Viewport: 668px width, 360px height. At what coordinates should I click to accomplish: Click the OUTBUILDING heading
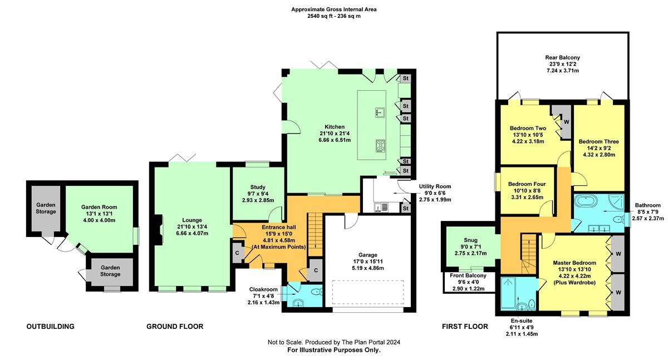[50, 327]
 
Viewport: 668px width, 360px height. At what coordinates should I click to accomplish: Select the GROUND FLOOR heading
[175, 327]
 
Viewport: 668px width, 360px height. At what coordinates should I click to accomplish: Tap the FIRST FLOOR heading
[465, 327]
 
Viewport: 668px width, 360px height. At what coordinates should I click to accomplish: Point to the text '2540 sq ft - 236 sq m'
[334, 17]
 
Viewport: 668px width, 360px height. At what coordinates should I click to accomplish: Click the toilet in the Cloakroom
[315, 292]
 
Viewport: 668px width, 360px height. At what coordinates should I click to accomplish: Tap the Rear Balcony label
[562, 57]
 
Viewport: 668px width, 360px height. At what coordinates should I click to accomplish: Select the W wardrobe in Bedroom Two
[566, 122]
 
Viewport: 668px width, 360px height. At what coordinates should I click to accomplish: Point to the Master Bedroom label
[574, 263]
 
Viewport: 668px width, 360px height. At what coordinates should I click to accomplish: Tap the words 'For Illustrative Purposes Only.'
[334, 351]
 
